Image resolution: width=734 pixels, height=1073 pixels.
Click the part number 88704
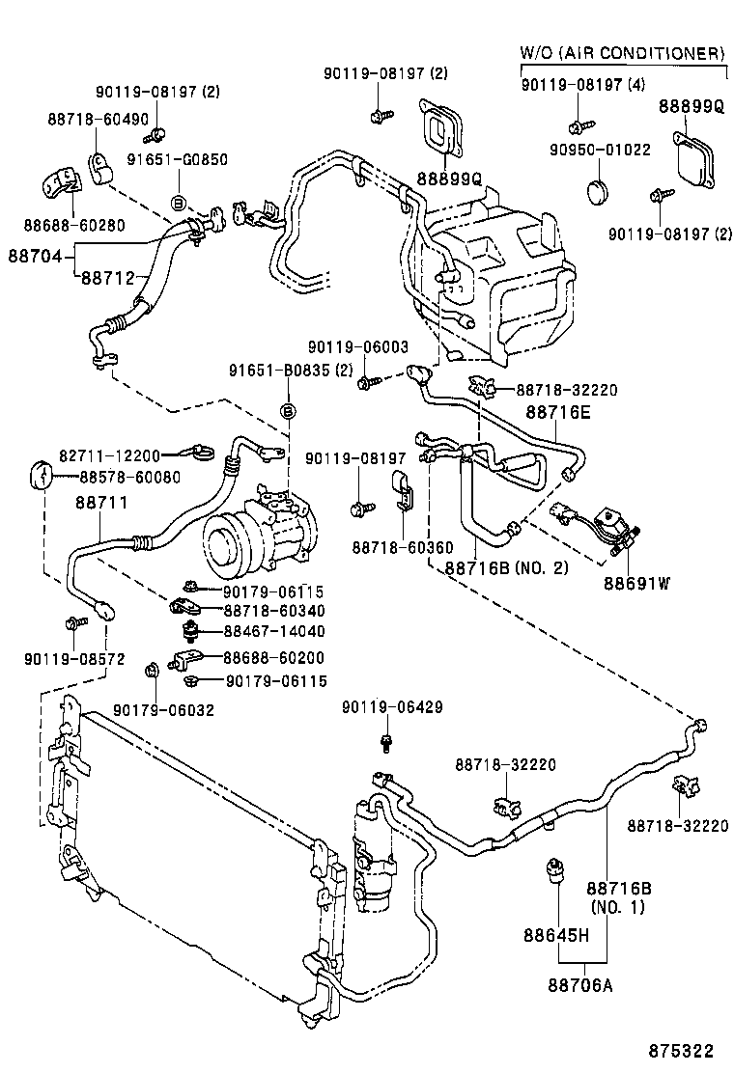(35, 257)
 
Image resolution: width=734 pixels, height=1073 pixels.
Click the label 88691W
(636, 583)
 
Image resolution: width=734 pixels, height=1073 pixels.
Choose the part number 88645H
(556, 935)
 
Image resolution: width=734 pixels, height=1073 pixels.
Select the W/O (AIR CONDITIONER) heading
(623, 51)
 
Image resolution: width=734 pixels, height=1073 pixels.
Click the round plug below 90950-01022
(602, 187)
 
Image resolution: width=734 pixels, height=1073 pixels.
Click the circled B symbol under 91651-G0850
(178, 203)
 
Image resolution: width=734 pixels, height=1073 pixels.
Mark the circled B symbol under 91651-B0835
(287, 412)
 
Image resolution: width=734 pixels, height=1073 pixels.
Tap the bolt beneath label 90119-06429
(386, 742)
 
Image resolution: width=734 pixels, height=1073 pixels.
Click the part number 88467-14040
(273, 631)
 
